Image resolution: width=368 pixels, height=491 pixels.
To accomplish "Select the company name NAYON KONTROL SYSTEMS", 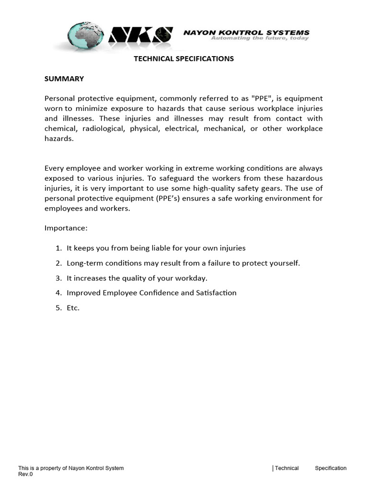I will [x=247, y=33].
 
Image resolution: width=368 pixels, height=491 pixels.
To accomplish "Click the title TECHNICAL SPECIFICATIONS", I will [x=184, y=58].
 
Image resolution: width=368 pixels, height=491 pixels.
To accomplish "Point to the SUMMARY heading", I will [x=64, y=79].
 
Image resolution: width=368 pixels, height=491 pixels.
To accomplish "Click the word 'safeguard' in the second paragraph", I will [x=166, y=178].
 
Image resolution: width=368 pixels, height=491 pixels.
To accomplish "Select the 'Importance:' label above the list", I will [x=66, y=228].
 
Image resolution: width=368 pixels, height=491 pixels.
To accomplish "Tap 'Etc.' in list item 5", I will [x=73, y=308].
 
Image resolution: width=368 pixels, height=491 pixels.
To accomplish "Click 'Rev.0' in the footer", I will [x=25, y=474].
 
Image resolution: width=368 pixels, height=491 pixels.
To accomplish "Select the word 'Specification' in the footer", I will [x=330, y=468].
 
